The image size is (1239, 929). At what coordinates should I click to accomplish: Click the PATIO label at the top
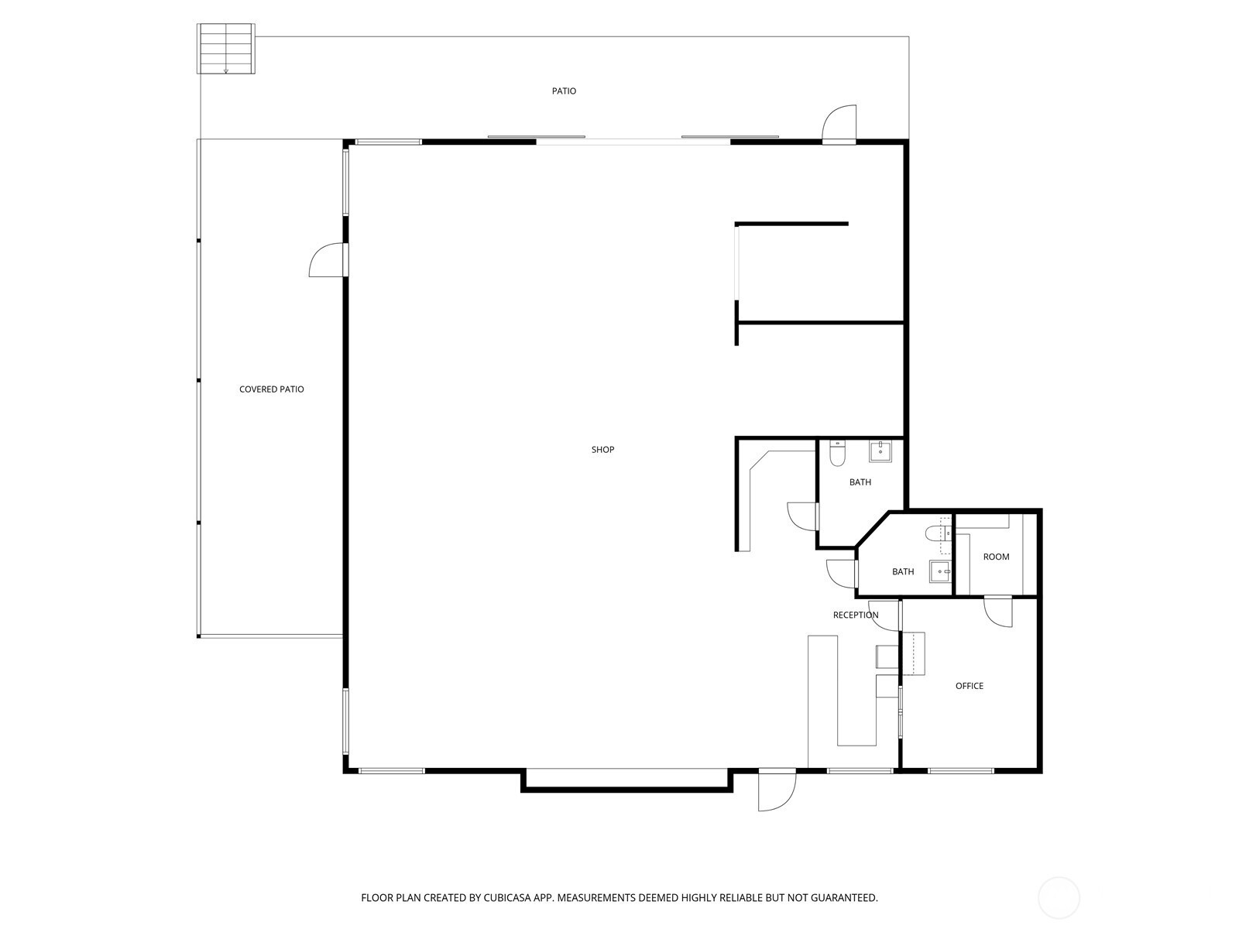(x=563, y=91)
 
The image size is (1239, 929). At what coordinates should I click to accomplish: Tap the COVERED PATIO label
(x=272, y=389)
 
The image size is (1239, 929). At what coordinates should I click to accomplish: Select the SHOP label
(x=602, y=450)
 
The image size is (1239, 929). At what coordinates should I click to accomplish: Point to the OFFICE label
(x=970, y=686)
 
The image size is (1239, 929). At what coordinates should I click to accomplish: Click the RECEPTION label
(x=856, y=615)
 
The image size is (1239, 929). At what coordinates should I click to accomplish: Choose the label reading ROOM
(x=997, y=557)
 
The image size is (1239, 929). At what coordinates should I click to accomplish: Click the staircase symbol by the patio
(x=226, y=49)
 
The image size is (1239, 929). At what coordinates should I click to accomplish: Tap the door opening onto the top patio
(x=839, y=124)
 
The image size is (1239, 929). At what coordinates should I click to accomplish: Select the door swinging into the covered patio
(x=328, y=260)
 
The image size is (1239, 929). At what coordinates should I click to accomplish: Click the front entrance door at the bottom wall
(x=777, y=790)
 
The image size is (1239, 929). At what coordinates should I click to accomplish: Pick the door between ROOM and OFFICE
(x=998, y=612)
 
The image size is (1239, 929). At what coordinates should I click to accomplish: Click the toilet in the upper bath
(x=837, y=454)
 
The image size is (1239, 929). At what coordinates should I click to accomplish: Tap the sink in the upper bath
(x=880, y=452)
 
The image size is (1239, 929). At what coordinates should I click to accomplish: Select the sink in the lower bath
(x=941, y=572)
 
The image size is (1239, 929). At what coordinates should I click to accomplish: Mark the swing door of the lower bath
(x=842, y=574)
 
